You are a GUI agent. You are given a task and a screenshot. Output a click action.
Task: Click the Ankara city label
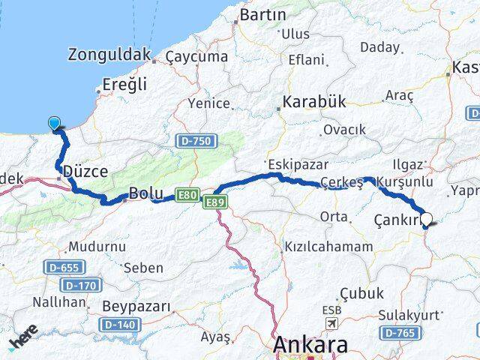[x=310, y=346]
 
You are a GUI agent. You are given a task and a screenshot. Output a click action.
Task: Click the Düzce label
[x=85, y=172]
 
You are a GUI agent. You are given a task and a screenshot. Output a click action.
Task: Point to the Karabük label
[x=314, y=102]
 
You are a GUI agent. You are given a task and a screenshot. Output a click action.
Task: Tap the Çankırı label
[x=395, y=220]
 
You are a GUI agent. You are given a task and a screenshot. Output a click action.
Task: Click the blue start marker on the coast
[x=55, y=124]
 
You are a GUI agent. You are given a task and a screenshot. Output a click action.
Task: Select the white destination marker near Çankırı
[x=427, y=220]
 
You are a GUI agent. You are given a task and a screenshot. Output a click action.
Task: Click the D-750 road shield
[x=196, y=141]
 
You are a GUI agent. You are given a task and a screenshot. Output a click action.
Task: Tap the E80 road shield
[x=187, y=196]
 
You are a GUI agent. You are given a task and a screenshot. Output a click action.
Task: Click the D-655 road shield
[x=64, y=267]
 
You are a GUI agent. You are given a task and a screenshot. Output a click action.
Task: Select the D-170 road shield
[x=79, y=285]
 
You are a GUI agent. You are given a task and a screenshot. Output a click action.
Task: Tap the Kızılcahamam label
[x=328, y=247]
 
